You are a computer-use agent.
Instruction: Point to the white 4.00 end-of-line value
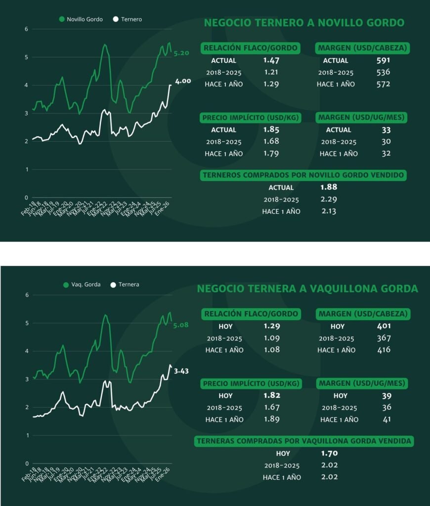click(183, 81)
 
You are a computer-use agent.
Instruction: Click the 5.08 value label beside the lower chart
click(180, 325)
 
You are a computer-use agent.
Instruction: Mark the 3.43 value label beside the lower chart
click(182, 370)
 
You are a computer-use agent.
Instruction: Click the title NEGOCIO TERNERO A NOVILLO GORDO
click(304, 23)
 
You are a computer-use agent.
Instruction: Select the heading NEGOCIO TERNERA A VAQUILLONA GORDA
click(307, 289)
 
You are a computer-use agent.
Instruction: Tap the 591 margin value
click(383, 61)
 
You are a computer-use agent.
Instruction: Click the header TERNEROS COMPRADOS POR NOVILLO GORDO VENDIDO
click(303, 175)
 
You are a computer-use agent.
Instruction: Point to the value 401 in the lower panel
click(383, 326)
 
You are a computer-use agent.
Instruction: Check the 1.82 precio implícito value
click(271, 395)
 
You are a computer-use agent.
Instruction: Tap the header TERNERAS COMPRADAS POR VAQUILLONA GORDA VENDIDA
click(305, 441)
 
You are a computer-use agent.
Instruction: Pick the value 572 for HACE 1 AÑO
click(383, 84)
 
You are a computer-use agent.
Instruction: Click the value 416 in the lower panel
click(383, 350)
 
